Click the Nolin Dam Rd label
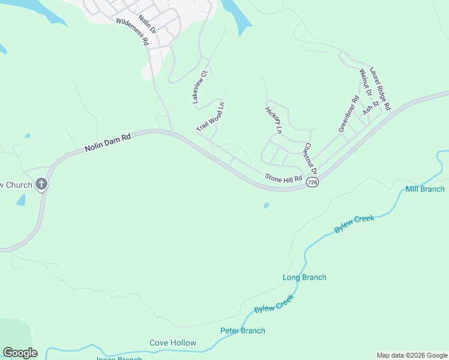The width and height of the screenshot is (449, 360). (x=107, y=142)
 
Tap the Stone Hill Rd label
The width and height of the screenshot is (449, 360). (x=284, y=178)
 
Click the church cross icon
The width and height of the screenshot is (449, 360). (x=41, y=184)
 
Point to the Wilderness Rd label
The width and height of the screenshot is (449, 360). (x=132, y=32)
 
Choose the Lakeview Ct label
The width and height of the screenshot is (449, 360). (x=199, y=89)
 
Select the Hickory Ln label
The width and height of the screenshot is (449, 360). (x=273, y=120)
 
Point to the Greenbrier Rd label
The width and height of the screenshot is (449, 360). (x=348, y=113)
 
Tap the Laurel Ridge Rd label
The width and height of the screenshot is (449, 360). (x=381, y=88)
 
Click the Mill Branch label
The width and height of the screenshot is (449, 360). (x=425, y=189)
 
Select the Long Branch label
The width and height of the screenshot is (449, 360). (x=304, y=277)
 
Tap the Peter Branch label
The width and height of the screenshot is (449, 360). (x=243, y=331)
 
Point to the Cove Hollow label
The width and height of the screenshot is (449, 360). (x=173, y=343)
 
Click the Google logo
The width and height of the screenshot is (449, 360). (x=20, y=353)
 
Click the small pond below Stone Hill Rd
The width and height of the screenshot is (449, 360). (x=266, y=206)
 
